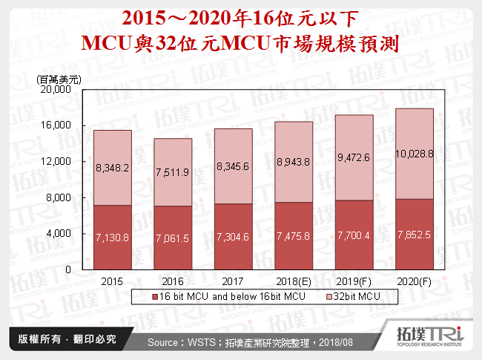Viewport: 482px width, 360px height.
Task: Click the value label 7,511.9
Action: click(x=173, y=172)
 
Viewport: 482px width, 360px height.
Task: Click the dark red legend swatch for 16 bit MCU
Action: click(x=137, y=296)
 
